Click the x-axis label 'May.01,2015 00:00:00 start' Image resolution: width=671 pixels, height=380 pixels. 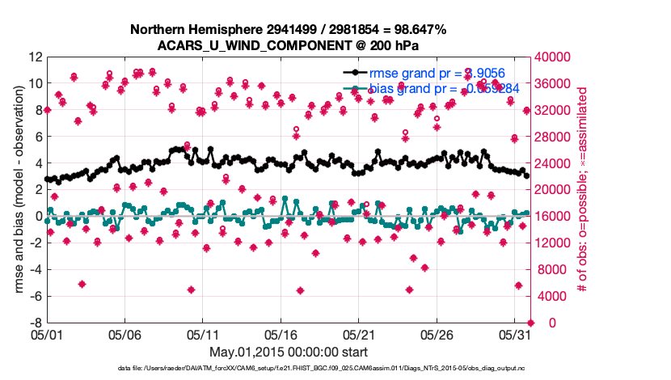(x=289, y=352)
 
